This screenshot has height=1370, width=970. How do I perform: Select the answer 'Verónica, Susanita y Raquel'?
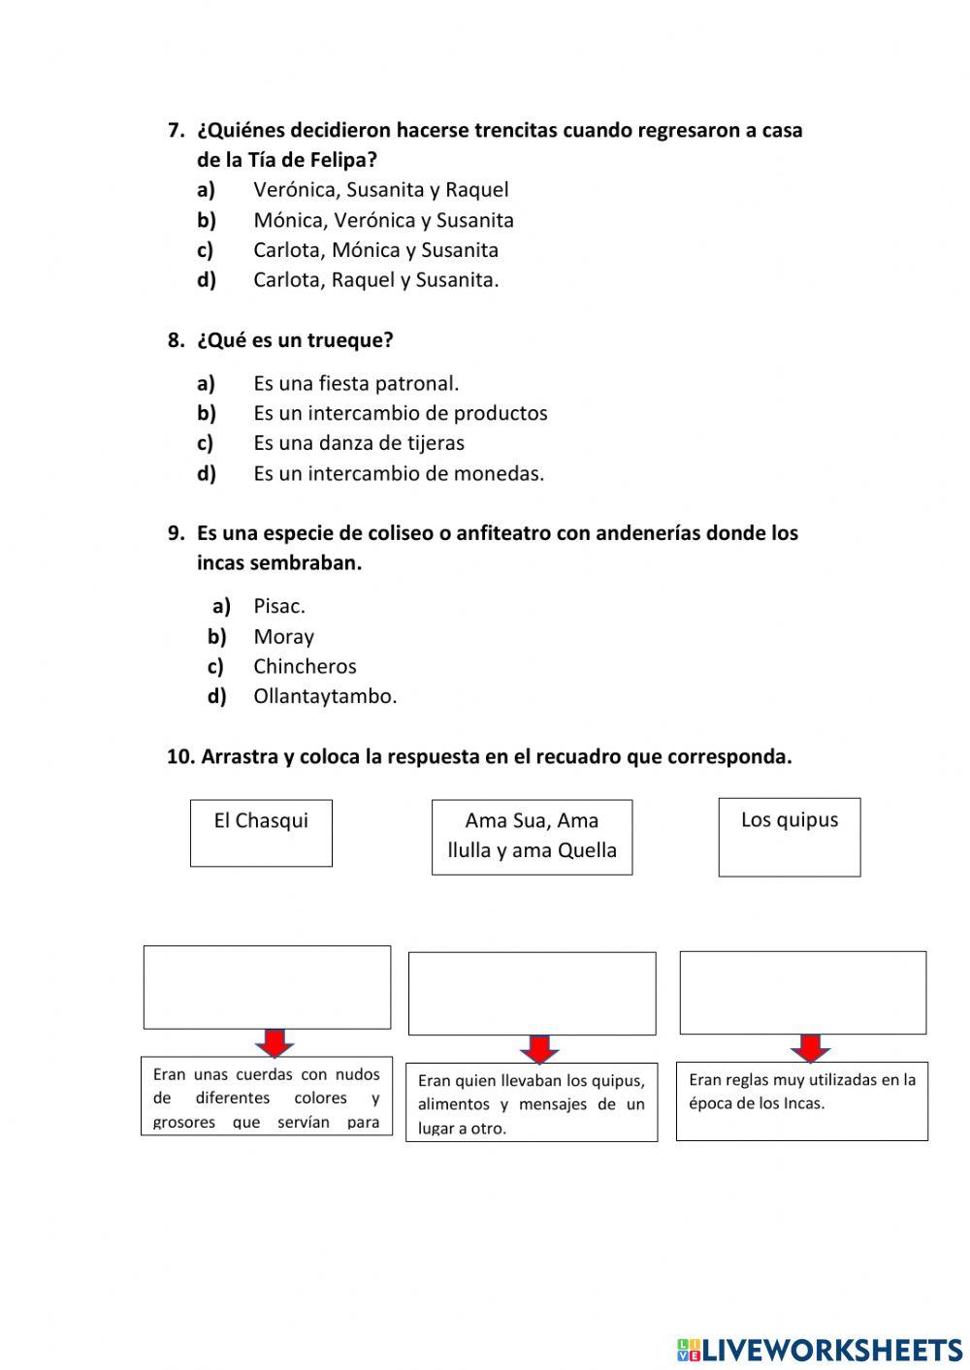click(380, 190)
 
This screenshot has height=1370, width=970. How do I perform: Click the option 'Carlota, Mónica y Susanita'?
click(375, 250)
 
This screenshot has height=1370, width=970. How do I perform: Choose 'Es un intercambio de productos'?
click(400, 413)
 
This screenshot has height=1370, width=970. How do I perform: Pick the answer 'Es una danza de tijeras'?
click(358, 443)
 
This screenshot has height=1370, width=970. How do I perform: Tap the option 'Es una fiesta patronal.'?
click(356, 383)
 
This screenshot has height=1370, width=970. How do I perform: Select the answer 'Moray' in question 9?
click(283, 637)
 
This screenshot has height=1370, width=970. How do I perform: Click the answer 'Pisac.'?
click(279, 606)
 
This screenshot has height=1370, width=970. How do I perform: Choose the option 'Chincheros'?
click(305, 667)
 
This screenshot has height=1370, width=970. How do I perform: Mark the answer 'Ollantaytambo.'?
click(325, 696)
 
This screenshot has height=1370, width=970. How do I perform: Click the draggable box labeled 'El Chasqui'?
click(261, 833)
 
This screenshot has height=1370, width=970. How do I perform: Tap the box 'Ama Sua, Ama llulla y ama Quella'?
click(532, 837)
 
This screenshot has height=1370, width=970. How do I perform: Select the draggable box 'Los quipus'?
click(789, 837)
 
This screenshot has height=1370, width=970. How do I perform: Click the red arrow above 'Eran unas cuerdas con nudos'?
click(275, 1043)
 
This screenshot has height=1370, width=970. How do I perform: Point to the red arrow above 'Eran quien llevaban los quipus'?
click(538, 1049)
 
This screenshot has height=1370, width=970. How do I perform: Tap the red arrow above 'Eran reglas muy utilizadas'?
click(810, 1048)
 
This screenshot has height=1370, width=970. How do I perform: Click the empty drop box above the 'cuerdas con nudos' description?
click(267, 987)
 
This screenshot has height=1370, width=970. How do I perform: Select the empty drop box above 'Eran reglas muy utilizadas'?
click(802, 992)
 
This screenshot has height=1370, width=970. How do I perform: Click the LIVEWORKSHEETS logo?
click(819, 1350)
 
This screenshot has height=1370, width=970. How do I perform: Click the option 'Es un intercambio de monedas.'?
click(399, 474)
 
